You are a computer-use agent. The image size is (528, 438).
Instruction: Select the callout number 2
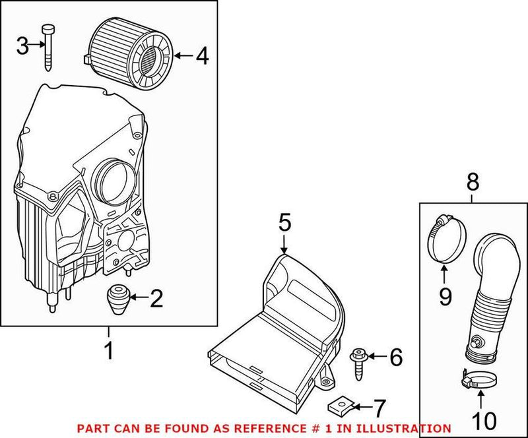coord(156,299)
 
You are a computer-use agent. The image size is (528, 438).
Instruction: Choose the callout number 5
coord(284,223)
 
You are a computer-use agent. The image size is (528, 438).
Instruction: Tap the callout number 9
coord(445,296)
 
